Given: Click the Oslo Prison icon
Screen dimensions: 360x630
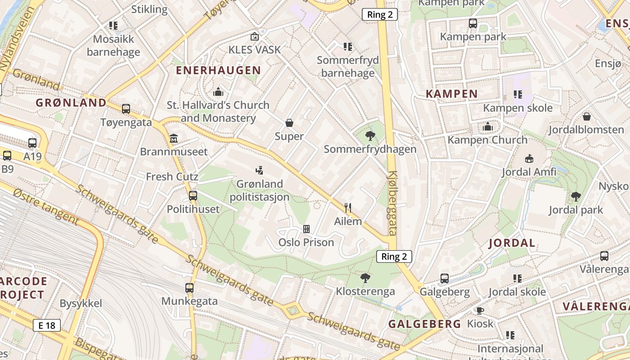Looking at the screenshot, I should (306, 229).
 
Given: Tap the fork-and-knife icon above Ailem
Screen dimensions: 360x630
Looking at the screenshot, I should (347, 207).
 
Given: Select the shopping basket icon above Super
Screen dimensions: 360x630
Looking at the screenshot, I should (289, 123).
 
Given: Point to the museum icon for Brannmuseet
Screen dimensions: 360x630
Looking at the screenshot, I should (174, 138).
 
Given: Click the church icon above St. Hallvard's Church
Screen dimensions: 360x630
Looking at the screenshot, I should (218, 92).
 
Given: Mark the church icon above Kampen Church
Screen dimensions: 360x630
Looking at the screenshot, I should (487, 127).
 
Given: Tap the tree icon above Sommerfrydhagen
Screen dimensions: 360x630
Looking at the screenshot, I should (370, 135).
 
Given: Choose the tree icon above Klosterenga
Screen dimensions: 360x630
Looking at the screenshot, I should (365, 278).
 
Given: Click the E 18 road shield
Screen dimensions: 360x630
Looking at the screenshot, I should (47, 325).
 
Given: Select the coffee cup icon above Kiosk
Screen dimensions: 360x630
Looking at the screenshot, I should (480, 310).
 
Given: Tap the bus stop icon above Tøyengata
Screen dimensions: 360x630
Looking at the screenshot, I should (126, 108).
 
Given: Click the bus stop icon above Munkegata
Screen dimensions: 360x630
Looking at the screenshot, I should (189, 288).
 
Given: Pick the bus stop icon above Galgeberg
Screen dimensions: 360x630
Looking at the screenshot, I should (445, 279).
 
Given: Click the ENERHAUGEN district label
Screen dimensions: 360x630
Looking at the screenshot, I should (218, 70).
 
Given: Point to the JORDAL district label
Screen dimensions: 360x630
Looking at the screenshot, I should (512, 243).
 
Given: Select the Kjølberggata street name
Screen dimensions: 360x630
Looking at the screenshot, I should (392, 203).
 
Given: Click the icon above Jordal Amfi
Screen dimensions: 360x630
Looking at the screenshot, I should (529, 158).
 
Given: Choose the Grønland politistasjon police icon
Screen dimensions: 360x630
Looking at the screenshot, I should (259, 170).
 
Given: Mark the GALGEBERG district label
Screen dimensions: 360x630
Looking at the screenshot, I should (425, 324).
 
